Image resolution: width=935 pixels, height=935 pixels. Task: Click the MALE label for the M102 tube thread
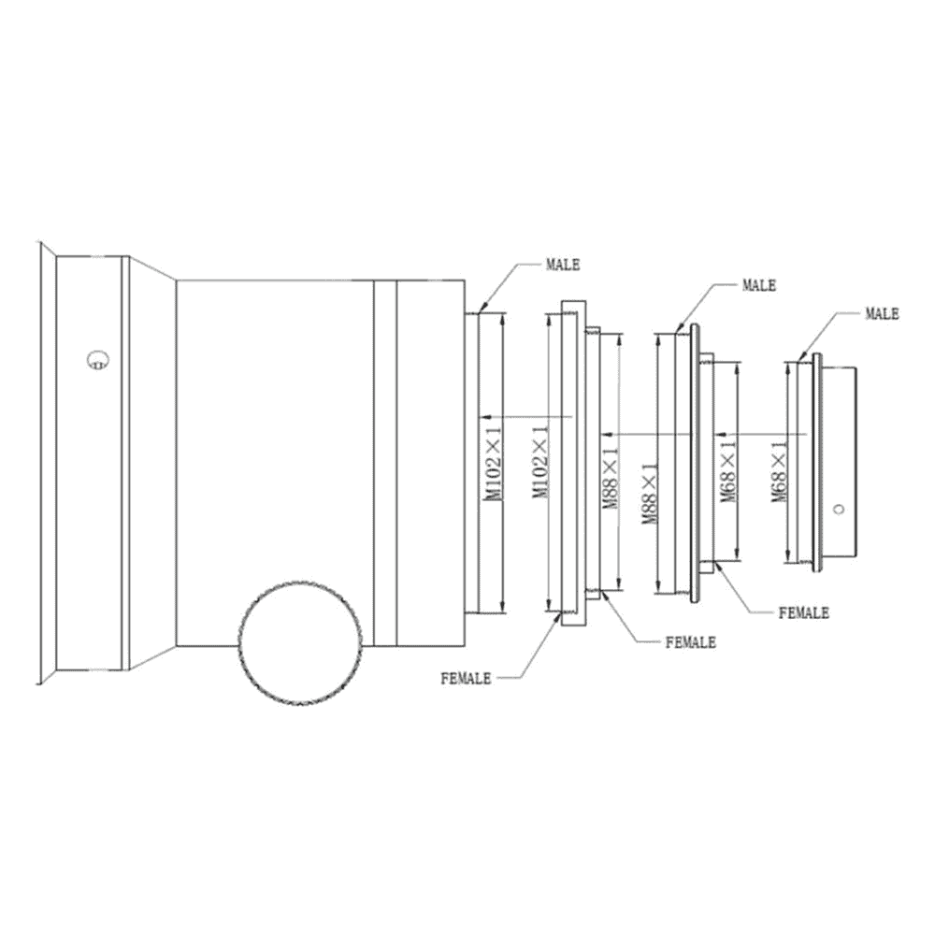pyautogui.click(x=562, y=265)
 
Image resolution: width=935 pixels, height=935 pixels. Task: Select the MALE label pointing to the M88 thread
pyautogui.click(x=758, y=285)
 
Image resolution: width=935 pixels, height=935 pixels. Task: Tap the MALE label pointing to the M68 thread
pyautogui.click(x=882, y=313)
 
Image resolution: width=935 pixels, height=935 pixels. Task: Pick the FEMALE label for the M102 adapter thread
pyautogui.click(x=466, y=679)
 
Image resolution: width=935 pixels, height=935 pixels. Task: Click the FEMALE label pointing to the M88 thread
pyautogui.click(x=691, y=642)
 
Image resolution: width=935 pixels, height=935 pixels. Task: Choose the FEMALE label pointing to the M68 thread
pyautogui.click(x=804, y=613)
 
